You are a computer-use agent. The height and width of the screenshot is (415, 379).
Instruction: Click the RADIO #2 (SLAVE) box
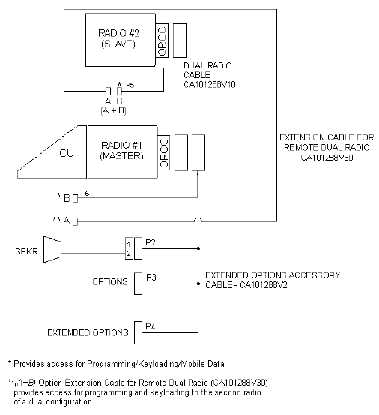click(x=121, y=40)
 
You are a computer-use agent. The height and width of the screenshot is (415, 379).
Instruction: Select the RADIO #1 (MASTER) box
click(x=123, y=152)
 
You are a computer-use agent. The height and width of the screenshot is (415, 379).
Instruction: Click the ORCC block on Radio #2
click(x=162, y=41)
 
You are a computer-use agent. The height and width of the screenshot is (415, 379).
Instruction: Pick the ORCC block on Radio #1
click(x=164, y=152)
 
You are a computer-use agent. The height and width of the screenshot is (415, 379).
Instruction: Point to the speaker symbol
click(x=52, y=249)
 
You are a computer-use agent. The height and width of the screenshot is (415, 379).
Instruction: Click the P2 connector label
click(x=151, y=242)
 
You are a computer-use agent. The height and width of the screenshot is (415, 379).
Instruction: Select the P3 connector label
click(x=151, y=278)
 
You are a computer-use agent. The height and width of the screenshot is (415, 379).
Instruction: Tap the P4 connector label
click(x=151, y=326)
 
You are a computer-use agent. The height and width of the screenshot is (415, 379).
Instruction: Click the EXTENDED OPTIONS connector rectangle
click(x=138, y=333)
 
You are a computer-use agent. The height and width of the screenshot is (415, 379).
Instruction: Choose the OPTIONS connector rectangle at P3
click(x=138, y=284)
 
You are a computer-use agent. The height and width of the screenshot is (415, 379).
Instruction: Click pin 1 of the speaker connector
click(x=129, y=244)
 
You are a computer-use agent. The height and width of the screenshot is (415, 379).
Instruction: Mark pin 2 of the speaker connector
click(x=129, y=254)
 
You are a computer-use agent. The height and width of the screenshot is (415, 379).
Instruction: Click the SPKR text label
click(x=26, y=251)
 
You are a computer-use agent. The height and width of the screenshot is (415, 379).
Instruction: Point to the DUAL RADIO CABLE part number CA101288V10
click(x=210, y=85)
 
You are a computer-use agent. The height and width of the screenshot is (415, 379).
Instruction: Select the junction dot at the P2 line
click(x=198, y=248)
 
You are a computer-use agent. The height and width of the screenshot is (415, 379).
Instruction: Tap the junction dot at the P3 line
click(x=198, y=284)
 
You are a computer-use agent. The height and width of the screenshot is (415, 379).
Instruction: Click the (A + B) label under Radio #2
click(x=113, y=110)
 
